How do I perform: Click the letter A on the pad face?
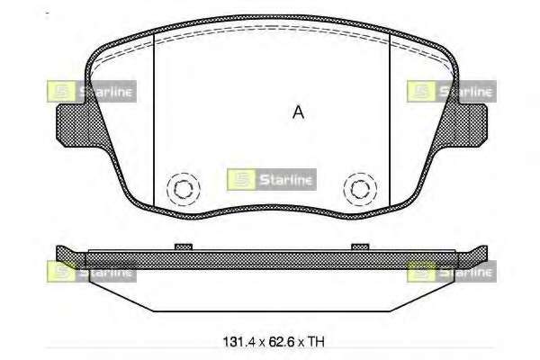tap(298, 112)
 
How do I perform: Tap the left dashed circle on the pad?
tap(167, 189)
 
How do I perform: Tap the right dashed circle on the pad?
tap(344, 189)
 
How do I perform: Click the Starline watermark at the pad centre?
tap(272, 179)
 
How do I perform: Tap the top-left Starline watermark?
tap(92, 91)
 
